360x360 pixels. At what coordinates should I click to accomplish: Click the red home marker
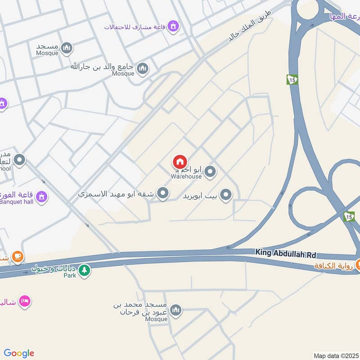pyautogui.click(x=180, y=162)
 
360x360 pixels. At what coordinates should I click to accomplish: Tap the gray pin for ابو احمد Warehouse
pyautogui.click(x=210, y=171)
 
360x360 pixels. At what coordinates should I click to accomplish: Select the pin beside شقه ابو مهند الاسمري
pyautogui.click(x=163, y=194)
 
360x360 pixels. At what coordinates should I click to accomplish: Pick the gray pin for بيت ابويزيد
pyautogui.click(x=226, y=195)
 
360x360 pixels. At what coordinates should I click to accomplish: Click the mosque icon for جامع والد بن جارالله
pyautogui.click(x=143, y=68)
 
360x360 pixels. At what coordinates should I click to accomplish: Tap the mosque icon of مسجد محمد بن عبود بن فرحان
pyautogui.click(x=176, y=310)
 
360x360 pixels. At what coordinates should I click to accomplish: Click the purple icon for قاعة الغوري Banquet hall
pyautogui.click(x=41, y=197)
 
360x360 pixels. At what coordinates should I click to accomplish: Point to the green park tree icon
pyautogui.click(x=84, y=270)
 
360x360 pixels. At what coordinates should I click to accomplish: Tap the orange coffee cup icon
pyautogui.click(x=18, y=257)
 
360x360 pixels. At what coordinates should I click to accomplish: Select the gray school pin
pyautogui.click(x=19, y=159)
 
